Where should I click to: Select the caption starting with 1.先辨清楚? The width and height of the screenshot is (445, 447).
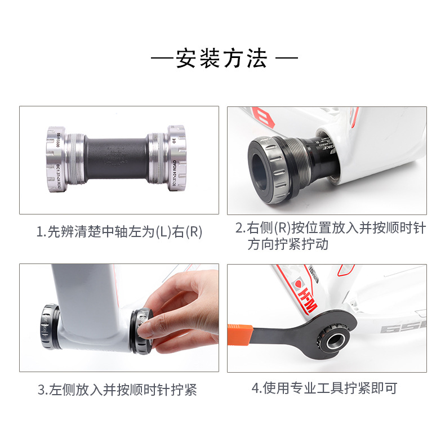[x=119, y=231]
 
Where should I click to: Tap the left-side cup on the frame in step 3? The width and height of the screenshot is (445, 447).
[x=50, y=327]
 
